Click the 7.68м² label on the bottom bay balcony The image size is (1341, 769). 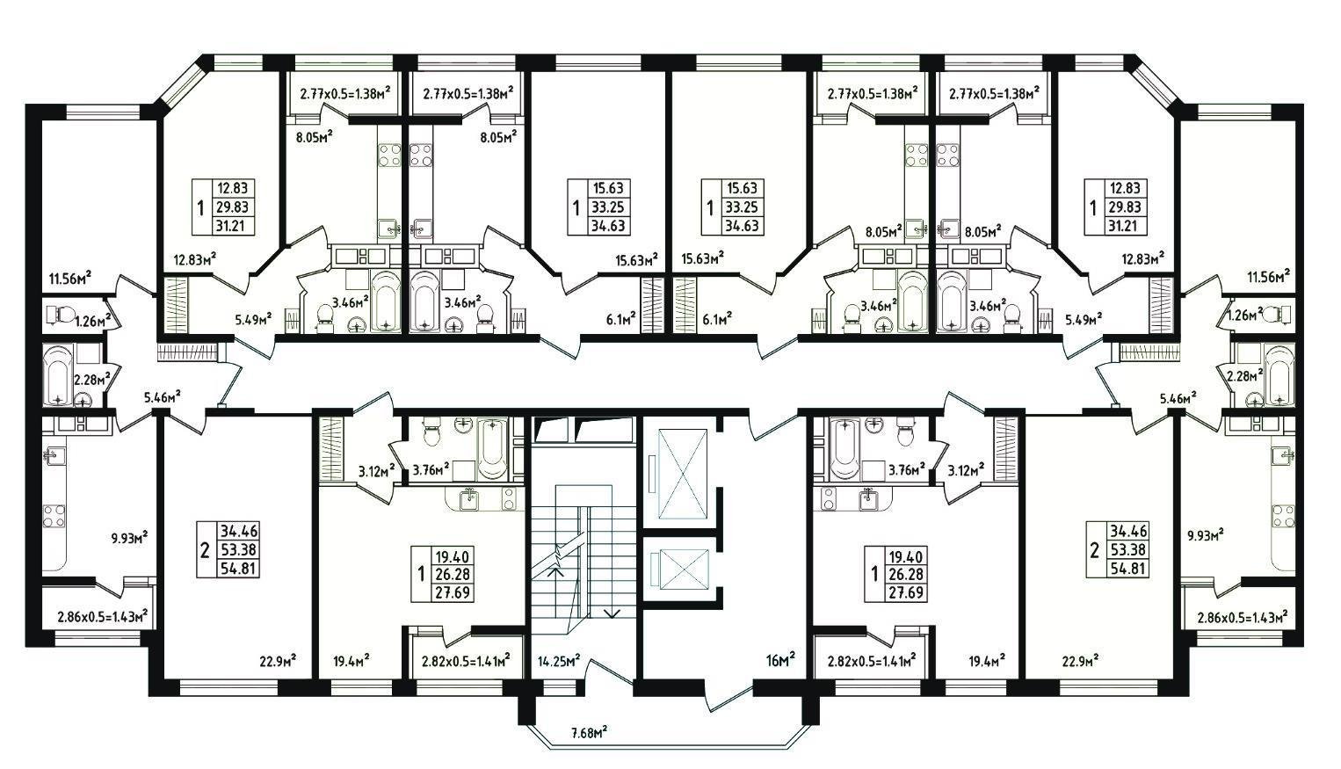tap(590, 732)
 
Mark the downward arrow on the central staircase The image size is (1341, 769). tap(613, 613)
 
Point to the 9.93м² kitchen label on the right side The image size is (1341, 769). tap(1206, 534)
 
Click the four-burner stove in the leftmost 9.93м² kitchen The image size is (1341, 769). tap(54, 516)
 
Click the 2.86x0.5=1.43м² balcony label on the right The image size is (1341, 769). tap(1242, 618)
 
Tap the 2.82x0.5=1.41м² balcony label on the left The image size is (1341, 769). tap(460, 661)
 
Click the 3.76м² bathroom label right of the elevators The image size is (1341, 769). tap(907, 470)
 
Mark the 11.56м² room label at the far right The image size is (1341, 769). tap(1268, 277)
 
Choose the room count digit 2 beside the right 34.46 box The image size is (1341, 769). tap(1094, 551)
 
